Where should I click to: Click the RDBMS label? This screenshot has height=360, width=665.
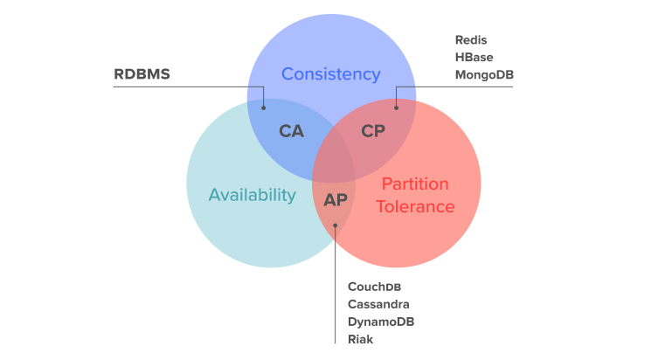click(x=142, y=74)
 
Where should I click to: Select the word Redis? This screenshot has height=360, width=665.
click(x=471, y=40)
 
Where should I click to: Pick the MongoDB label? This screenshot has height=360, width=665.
click(x=484, y=75)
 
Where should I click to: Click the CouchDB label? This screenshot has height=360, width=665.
click(x=374, y=287)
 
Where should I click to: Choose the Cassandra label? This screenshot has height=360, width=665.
click(x=378, y=304)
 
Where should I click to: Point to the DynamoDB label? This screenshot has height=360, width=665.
click(x=381, y=322)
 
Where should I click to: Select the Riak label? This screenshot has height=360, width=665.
click(x=360, y=339)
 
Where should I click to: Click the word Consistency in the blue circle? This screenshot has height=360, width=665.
click(x=330, y=74)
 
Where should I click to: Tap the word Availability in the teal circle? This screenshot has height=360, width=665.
click(x=252, y=195)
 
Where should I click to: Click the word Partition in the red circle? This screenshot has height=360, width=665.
click(x=415, y=184)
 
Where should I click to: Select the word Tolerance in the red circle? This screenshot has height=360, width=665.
click(x=415, y=207)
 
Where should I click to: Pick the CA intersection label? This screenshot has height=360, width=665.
click(x=291, y=132)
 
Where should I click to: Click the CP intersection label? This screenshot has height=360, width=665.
click(x=373, y=132)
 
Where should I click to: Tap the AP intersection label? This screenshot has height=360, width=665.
click(x=336, y=200)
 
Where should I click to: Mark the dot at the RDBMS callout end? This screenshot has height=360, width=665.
click(x=264, y=107)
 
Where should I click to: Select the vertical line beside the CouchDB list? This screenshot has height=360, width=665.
click(x=336, y=297)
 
